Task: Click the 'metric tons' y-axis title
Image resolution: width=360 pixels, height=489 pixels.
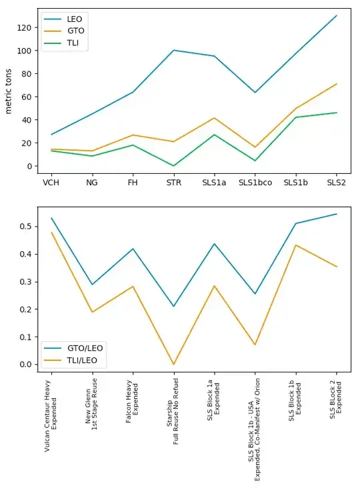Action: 10,91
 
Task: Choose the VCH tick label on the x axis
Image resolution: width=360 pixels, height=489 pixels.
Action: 51,182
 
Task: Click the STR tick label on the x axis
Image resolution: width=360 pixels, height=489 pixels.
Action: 173,182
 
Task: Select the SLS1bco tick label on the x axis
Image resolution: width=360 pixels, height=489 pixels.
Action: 255,182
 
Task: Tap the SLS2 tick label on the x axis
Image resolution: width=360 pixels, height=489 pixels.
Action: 336,182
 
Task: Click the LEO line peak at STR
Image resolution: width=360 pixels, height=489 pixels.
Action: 173,50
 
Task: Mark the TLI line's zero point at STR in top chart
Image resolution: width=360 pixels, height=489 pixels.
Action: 173,166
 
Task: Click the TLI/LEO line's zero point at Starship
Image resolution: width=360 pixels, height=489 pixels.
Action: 173,364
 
